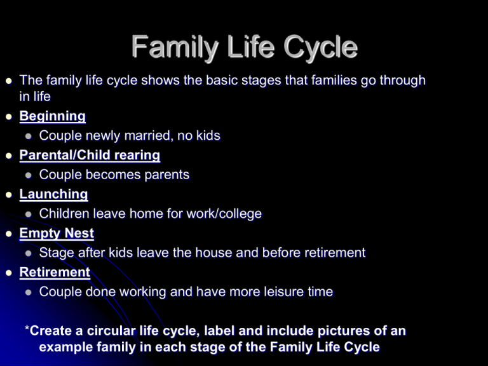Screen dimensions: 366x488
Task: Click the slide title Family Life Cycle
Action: (244, 48)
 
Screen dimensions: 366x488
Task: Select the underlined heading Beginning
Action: (52, 116)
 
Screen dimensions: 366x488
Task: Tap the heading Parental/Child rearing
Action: (90, 155)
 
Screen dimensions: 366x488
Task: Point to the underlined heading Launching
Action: (53, 194)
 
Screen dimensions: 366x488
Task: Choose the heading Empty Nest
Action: (57, 233)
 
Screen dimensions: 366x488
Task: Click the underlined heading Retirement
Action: (55, 272)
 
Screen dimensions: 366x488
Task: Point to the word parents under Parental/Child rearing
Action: (164, 175)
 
